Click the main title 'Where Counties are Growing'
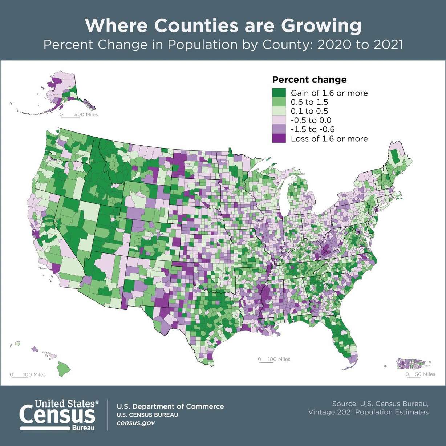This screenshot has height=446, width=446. (x=223, y=26)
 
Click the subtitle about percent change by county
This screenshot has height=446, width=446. (x=223, y=45)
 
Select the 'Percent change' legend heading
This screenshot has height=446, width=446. (x=309, y=80)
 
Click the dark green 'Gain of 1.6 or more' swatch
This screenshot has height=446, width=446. (x=279, y=93)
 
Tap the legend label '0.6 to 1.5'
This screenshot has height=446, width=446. (x=309, y=102)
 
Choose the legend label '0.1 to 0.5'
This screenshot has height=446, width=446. (x=309, y=111)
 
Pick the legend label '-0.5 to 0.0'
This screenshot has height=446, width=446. (x=311, y=120)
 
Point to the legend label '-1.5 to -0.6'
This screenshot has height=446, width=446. (x=312, y=129)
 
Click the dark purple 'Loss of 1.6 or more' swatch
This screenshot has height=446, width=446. (x=279, y=138)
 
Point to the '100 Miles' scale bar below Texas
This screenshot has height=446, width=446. (x=274, y=360)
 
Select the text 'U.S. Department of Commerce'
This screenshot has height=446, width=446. (x=170, y=406)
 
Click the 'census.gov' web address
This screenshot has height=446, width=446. (x=135, y=423)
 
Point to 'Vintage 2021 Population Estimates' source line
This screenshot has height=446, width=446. (x=368, y=412)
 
